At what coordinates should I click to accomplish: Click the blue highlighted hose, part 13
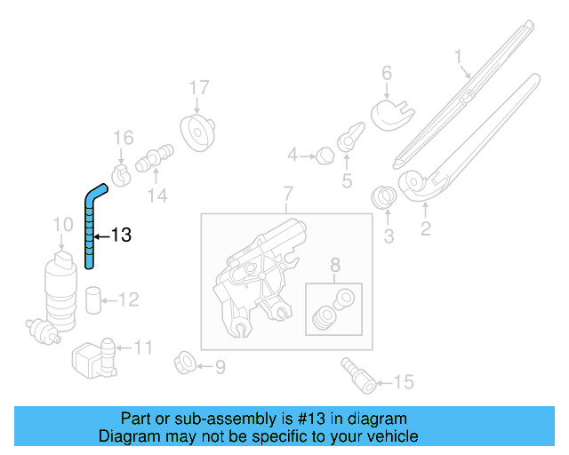click(x=90, y=227)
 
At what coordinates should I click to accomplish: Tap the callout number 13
click(x=121, y=235)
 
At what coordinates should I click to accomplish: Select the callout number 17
click(x=198, y=87)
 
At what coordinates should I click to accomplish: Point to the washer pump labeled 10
click(x=60, y=289)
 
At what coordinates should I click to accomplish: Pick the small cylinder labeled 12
click(x=93, y=300)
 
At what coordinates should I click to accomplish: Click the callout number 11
click(x=143, y=347)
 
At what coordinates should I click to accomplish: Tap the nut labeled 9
click(x=188, y=364)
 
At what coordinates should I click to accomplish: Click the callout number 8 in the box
click(x=334, y=264)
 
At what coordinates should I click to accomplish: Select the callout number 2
click(x=425, y=230)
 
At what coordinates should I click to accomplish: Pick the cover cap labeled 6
click(x=389, y=113)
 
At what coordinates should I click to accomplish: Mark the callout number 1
click(x=460, y=59)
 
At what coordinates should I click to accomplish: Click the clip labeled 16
click(x=123, y=170)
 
